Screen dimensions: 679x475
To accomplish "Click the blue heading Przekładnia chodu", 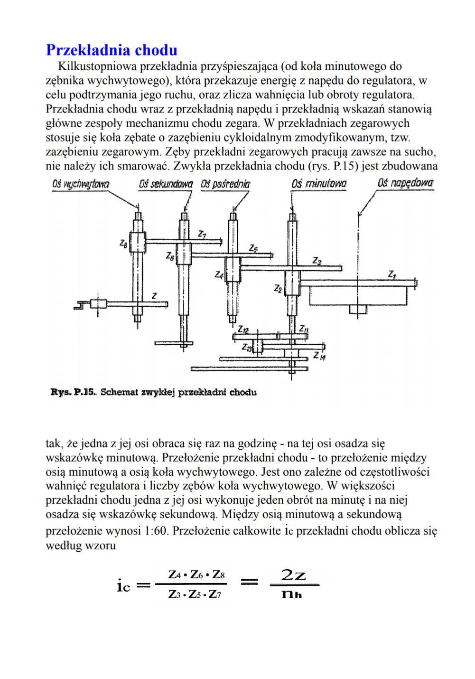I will coord(112,50).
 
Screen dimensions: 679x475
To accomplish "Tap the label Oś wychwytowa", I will coord(81,184).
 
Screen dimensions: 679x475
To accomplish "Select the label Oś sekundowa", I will coord(166,184).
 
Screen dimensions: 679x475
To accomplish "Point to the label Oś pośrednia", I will coord(225,184).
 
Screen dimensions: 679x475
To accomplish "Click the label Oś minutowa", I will coord(319,184).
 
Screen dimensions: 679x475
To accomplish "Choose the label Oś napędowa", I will coord(405,183).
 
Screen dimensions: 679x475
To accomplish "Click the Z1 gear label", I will coord(392,274).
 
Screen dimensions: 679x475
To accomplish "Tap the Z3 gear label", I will coord(317,261).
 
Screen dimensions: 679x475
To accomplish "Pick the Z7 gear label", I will coord(202,234).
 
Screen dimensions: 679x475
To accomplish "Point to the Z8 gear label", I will coord(123,243).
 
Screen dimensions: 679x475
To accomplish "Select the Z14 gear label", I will coord(319,356).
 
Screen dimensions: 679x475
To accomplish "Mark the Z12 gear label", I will coord(243,329).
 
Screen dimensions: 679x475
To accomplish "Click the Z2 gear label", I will coord(278,288).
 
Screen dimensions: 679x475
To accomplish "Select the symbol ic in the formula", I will coord(123,586).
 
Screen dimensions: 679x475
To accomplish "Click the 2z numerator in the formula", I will coord(293,575).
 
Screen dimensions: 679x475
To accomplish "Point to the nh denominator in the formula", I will coord(291,594).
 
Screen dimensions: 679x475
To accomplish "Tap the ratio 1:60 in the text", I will coord(157,531).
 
